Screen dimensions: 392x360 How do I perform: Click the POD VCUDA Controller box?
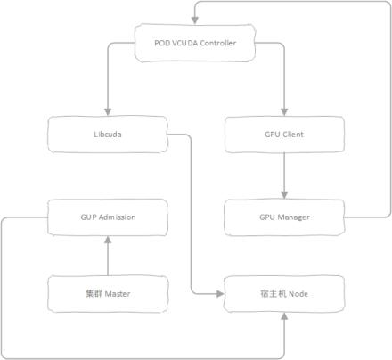pyautogui.click(x=195, y=43)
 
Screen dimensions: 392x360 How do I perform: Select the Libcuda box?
pyautogui.click(x=108, y=135)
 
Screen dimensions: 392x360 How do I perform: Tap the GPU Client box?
pyautogui.click(x=284, y=135)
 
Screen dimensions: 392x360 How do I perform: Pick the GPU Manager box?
pyautogui.click(x=284, y=217)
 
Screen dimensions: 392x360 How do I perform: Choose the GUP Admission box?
pyautogui.click(x=108, y=217)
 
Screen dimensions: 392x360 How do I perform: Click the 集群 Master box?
pyautogui.click(x=108, y=294)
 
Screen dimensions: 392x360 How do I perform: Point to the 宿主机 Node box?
pyautogui.click(x=284, y=294)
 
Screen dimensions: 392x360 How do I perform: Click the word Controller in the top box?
pyautogui.click(x=218, y=43)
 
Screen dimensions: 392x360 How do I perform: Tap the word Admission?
pyautogui.click(x=117, y=217)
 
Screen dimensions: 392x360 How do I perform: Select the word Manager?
pyautogui.click(x=293, y=217)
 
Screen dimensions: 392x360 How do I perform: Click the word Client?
pyautogui.click(x=292, y=135)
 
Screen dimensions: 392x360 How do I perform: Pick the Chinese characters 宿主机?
pyautogui.click(x=273, y=294)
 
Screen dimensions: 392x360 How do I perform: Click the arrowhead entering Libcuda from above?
pyautogui.click(x=108, y=112)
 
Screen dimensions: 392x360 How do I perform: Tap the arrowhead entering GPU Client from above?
pyautogui.click(x=284, y=112)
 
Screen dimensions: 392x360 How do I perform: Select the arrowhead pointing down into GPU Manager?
pyautogui.click(x=284, y=195)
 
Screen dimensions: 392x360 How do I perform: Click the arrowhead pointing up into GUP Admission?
pyautogui.click(x=108, y=240)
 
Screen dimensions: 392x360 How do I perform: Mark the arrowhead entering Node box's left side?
pyautogui.click(x=220, y=294)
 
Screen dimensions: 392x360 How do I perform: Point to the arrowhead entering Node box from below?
pyautogui.click(x=284, y=316)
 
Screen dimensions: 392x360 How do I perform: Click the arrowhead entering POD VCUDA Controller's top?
pyautogui.click(x=195, y=20)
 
